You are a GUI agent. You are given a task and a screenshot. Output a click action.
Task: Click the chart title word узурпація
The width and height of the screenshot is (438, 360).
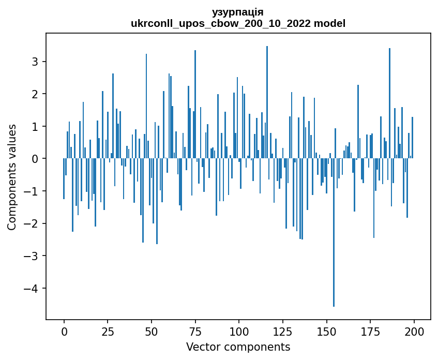tap(238, 12)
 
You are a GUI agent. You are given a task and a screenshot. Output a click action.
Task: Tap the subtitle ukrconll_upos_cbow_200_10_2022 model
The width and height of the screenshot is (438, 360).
tap(238, 23)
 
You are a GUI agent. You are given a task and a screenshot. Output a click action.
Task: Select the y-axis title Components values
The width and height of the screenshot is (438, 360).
tap(11, 176)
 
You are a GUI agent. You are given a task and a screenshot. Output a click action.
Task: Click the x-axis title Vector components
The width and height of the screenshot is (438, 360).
tap(238, 347)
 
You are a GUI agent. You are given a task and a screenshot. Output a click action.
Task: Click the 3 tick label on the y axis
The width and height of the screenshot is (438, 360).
tap(35, 62)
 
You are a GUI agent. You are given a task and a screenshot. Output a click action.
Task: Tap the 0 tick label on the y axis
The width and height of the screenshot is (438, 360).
tap(35, 159)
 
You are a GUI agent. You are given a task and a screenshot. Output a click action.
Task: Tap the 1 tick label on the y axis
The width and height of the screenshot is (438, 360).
tap(35, 126)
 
